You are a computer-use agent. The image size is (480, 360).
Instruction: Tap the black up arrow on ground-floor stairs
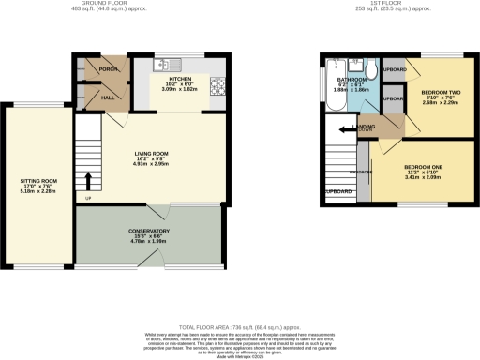[90, 178]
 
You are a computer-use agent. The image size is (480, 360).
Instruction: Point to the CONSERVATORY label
[150, 230]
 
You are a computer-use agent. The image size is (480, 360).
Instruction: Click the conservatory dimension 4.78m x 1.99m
[150, 242]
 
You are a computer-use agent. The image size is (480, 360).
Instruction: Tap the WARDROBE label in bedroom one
[362, 172]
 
